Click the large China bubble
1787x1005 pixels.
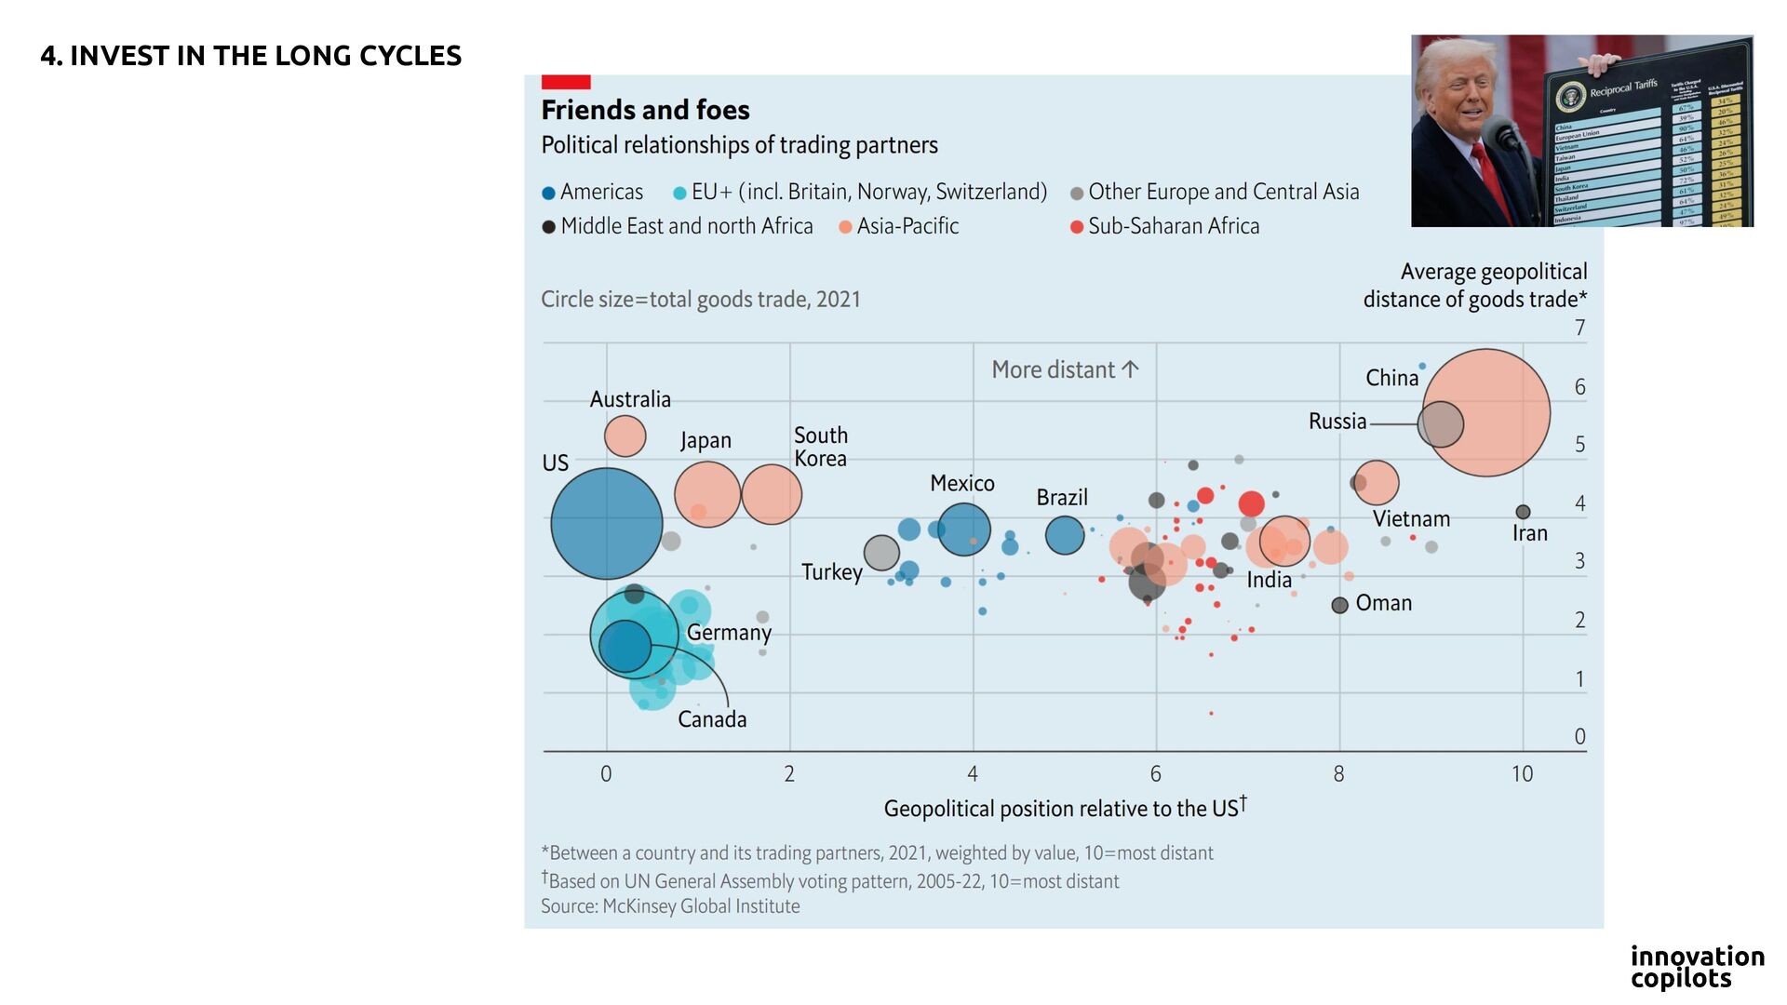pos(1486,412)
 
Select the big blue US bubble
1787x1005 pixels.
pos(606,524)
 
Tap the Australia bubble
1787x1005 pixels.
pos(625,435)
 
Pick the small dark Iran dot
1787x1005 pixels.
pos(1523,512)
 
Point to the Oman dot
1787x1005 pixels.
pos(1339,606)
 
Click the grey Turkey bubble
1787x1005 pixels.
pos(881,553)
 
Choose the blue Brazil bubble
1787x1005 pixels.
pos(1065,535)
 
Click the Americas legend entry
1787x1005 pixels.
pos(592,193)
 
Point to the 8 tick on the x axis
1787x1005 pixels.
pos(1338,774)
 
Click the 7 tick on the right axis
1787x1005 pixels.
pos(1579,328)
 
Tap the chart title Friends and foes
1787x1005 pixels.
pos(645,110)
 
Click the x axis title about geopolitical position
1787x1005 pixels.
pos(1065,808)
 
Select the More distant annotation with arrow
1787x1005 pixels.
pos(1065,369)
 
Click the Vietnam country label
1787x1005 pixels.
pos(1411,519)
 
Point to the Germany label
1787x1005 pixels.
pos(729,633)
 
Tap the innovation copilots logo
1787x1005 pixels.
pos(1697,967)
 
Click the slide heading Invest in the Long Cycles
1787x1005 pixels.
pos(250,56)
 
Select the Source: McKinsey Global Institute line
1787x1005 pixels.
pos(670,906)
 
